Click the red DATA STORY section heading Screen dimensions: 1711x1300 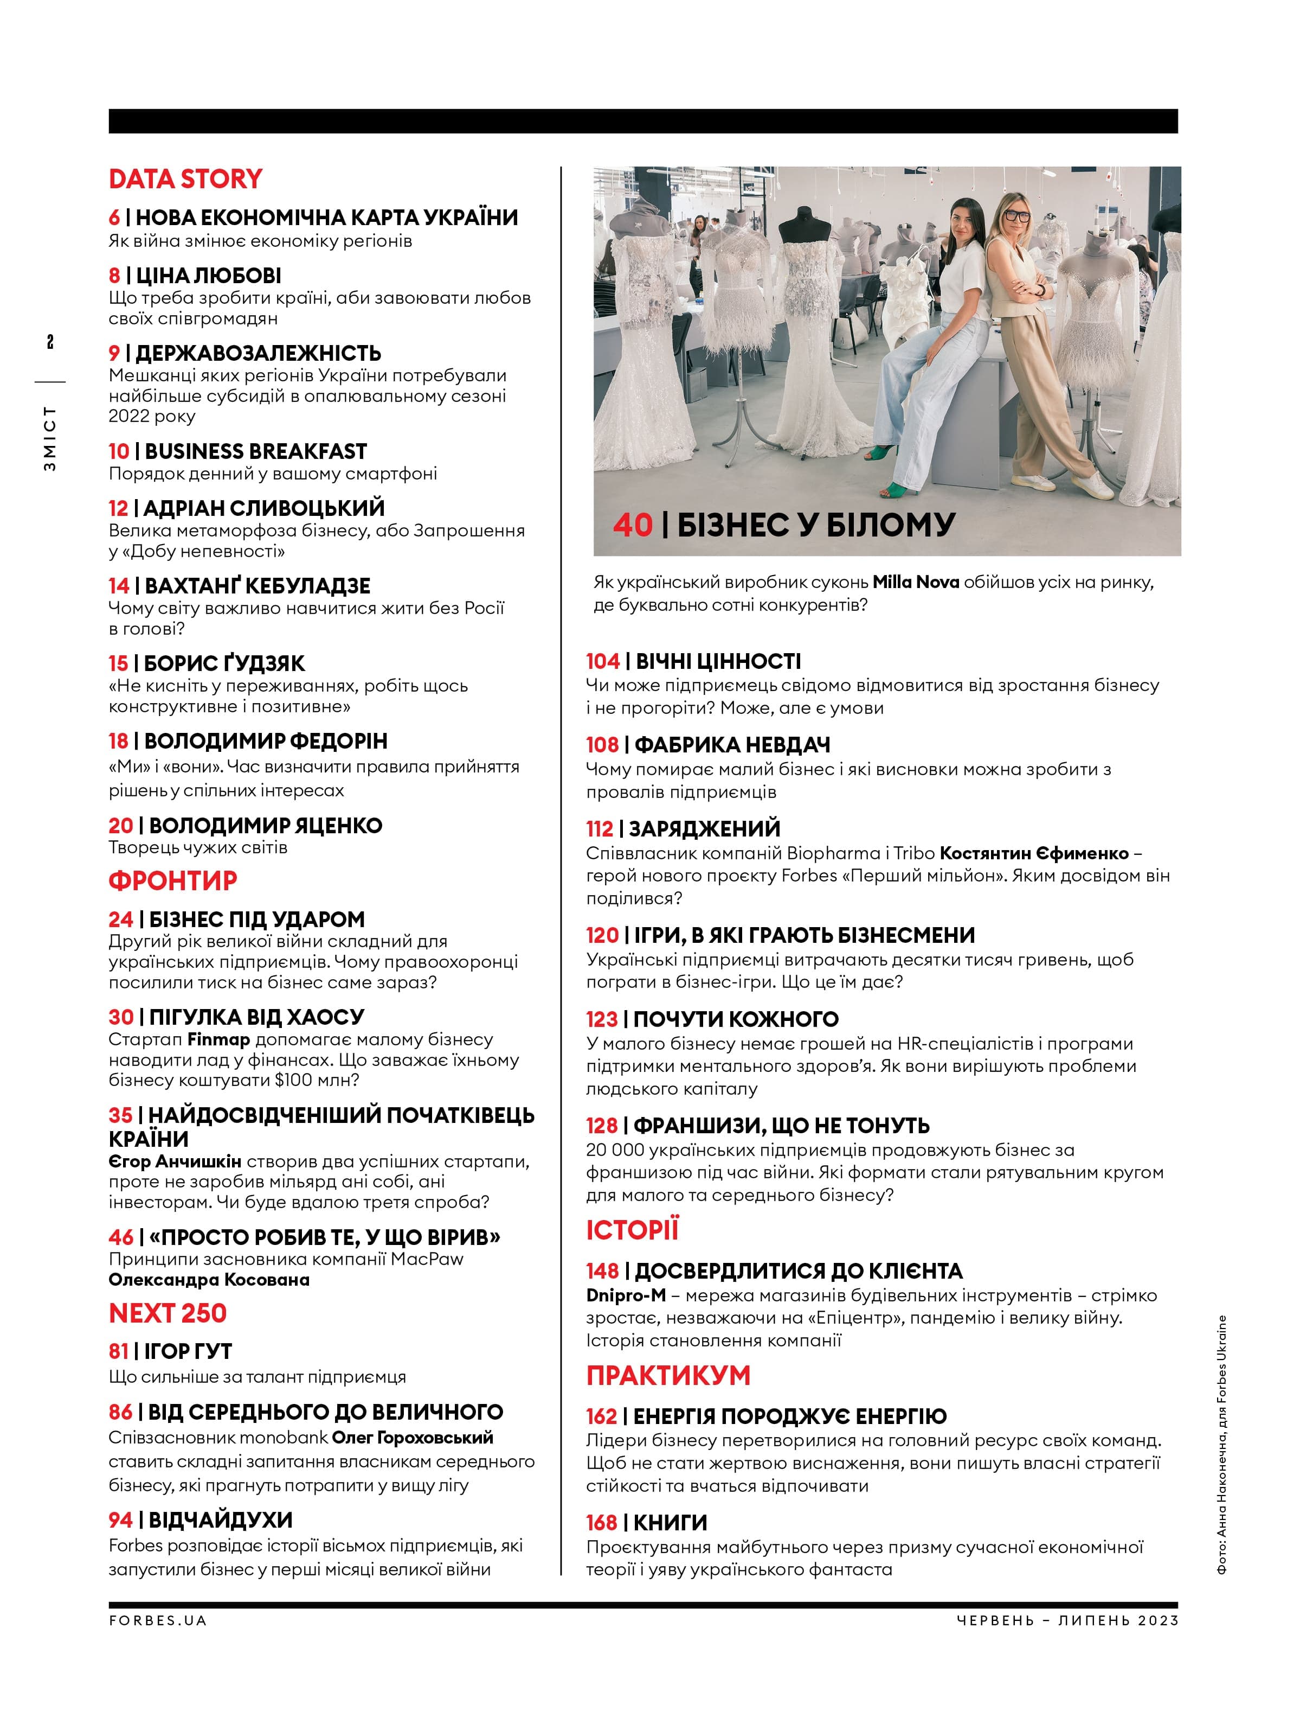click(186, 179)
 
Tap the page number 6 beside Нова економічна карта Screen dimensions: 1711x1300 click(114, 218)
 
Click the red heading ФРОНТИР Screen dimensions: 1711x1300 click(172, 880)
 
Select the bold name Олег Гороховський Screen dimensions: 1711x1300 click(413, 1438)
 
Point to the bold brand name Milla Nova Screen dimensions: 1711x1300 click(916, 582)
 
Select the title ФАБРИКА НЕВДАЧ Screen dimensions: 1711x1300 click(732, 745)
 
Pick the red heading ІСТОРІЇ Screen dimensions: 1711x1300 click(632, 1230)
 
